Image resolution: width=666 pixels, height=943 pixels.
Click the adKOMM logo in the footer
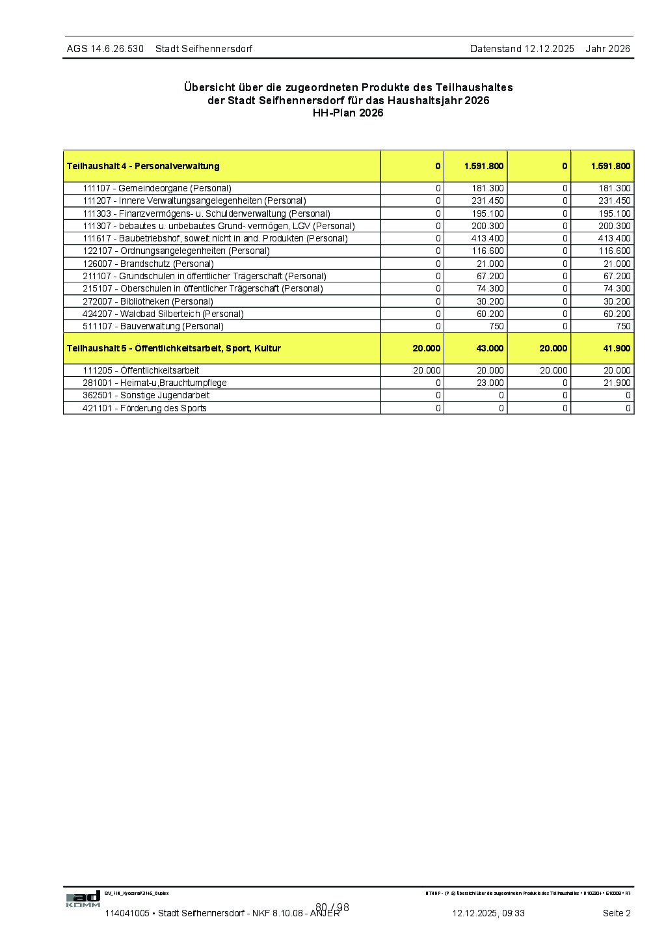tap(83, 899)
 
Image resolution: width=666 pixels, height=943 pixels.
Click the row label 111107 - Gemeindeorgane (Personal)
tap(157, 188)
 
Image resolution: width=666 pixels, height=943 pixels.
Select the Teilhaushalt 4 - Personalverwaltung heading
tap(143, 166)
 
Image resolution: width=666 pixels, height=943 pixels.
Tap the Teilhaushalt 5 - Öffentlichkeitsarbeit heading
tap(174, 348)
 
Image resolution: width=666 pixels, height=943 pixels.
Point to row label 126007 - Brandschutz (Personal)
tap(148, 264)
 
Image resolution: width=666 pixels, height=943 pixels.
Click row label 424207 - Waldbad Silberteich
tap(163, 314)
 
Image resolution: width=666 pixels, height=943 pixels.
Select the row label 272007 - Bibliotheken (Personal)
tap(148, 301)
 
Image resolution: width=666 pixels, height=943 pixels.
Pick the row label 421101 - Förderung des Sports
tap(144, 408)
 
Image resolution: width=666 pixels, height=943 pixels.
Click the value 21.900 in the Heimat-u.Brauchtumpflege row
tap(617, 383)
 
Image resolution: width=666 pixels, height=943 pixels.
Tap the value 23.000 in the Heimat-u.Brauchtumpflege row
tap(490, 383)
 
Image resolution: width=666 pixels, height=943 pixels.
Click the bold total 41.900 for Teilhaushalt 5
tap(616, 348)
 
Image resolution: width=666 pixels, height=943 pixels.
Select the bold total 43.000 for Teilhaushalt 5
tap(489, 348)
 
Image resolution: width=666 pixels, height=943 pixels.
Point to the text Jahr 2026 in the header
tap(607, 49)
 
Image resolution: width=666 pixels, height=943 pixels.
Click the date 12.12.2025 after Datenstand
tap(549, 49)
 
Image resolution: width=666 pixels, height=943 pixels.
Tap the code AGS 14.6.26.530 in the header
tap(105, 49)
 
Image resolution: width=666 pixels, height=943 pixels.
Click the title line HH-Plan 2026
tap(348, 113)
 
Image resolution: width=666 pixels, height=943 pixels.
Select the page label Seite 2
tap(616, 913)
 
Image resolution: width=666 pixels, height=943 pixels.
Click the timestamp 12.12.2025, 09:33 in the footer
tap(488, 913)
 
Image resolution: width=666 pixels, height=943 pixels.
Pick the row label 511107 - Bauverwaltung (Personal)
tap(153, 326)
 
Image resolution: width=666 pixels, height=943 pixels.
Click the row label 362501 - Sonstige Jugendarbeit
tap(146, 395)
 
